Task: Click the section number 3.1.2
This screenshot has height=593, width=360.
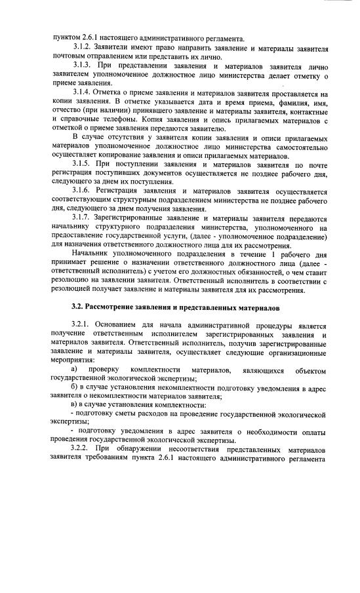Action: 82,48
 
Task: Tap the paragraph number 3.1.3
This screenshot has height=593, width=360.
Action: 82,66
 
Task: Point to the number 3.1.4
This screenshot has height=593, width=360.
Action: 82,93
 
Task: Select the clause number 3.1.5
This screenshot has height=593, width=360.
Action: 82,163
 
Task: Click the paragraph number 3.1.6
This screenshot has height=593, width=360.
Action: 82,190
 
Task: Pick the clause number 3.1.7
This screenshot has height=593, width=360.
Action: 82,217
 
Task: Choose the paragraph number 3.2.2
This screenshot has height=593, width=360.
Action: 82,448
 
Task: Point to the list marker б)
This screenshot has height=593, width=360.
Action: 76,388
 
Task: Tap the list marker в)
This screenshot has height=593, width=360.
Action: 76,406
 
